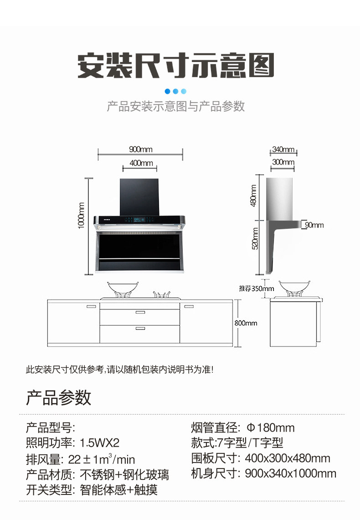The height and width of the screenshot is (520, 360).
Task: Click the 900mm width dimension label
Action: (x=140, y=149)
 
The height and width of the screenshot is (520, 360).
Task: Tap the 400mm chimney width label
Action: (x=141, y=163)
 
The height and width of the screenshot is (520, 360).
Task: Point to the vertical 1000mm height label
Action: (x=82, y=215)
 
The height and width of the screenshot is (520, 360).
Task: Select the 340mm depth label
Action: (x=283, y=149)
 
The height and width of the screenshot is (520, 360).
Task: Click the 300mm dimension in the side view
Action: (x=283, y=162)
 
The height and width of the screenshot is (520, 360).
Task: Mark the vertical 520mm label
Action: (x=255, y=239)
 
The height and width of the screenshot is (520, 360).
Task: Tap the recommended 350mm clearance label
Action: (x=257, y=288)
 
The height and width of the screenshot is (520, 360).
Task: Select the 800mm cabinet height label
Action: (x=246, y=323)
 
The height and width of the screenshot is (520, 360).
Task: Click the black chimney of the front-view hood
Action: (x=139, y=196)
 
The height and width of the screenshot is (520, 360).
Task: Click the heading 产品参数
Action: (x=58, y=397)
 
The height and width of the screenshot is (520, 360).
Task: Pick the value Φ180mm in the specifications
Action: (x=270, y=428)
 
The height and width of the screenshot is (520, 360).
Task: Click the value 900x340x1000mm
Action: (x=291, y=474)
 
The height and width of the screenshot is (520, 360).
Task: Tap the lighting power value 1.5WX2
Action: (x=99, y=443)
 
